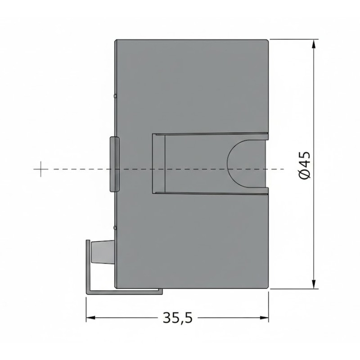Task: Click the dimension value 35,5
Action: coord(177,318)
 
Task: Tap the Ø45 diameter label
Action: coord(305,165)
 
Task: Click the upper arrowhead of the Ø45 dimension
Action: coord(314,44)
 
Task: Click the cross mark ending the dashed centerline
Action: coord(40,169)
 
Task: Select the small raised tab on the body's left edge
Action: coord(114,164)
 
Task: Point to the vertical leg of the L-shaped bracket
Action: coord(87,265)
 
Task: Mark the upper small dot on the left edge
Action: coord(116,96)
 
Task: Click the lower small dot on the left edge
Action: coord(116,228)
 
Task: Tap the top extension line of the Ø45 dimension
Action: coord(292,39)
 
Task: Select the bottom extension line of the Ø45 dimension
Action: coord(292,289)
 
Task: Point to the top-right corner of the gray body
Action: coord(268,40)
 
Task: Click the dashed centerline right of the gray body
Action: coord(276,169)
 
